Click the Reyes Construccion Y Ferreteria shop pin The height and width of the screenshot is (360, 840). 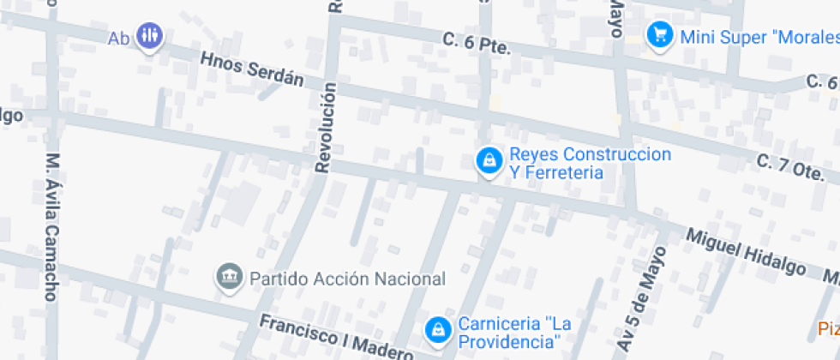pos(489,159)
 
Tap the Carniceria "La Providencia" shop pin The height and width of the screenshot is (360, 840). pos(438,329)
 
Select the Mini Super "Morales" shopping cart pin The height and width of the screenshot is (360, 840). pos(659,35)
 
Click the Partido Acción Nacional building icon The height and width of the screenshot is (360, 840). pos(229,276)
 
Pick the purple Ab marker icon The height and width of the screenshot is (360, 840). pos(150,35)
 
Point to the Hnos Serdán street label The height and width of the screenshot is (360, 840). pos(252,69)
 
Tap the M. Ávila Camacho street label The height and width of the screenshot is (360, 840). pos(52,226)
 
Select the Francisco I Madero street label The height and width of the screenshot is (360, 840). pos(337,338)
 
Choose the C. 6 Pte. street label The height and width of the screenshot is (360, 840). pos(477,44)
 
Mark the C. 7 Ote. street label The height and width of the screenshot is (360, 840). pos(789,167)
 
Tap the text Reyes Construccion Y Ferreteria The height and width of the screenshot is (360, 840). pos(590,164)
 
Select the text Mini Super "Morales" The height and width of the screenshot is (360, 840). pos(758,36)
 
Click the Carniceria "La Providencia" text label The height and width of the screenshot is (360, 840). pos(514,333)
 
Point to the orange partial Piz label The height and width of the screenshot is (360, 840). pos(828,329)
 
